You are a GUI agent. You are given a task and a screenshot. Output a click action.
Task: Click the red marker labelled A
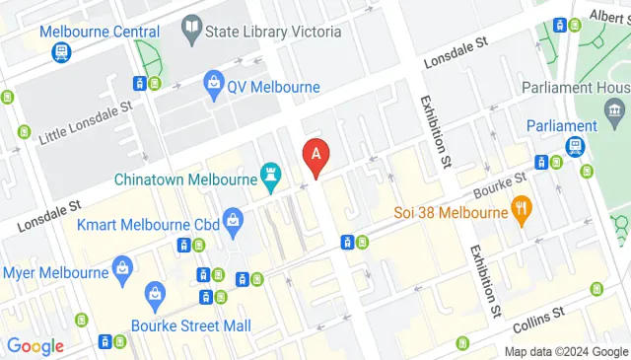[x=315, y=154]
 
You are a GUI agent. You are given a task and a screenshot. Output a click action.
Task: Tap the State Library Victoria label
[x=273, y=32]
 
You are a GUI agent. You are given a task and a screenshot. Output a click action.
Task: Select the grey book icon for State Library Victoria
[x=191, y=30]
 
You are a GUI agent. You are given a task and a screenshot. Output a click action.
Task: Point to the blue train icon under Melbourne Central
[x=61, y=51]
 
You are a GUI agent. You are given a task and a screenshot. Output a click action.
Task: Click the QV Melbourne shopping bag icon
[x=213, y=86]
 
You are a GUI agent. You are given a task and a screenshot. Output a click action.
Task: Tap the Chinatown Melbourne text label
[x=184, y=180]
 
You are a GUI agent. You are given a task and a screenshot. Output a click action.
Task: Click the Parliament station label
[x=562, y=126]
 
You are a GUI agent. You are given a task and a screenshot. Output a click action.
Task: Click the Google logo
[x=35, y=346]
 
